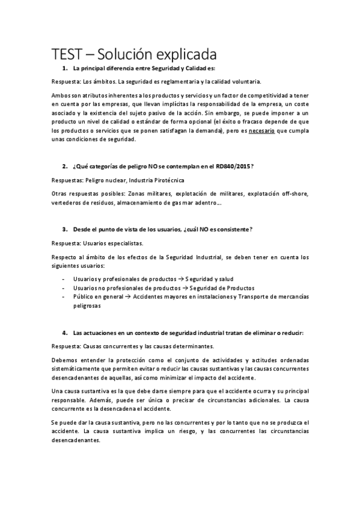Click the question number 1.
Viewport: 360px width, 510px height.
click(64, 69)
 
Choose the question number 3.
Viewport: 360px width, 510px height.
click(64, 230)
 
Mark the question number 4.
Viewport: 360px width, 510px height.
click(64, 333)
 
